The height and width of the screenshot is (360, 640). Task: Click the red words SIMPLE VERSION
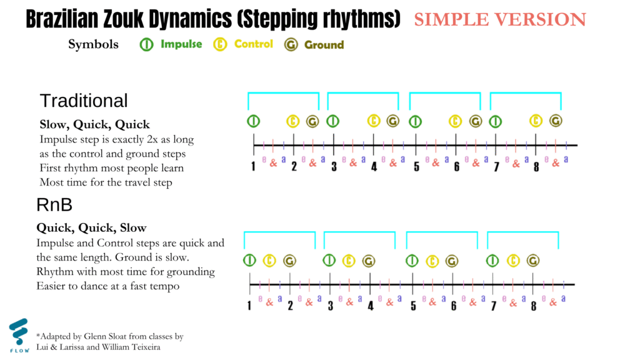pos(500,19)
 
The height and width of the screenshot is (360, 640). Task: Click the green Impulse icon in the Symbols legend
pos(146,44)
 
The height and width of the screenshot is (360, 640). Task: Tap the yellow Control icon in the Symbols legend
pos(220,44)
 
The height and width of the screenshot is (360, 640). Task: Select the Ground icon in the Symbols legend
pos(291,44)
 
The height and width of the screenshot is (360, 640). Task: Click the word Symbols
pos(93,44)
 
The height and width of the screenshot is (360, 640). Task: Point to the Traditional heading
pos(84,101)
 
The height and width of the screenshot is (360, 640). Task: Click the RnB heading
pos(54,204)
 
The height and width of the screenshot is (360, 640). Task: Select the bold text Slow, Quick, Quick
pos(95,124)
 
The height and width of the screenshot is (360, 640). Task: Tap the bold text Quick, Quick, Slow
pos(91,227)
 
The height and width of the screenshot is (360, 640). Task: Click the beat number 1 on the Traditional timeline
pos(253,166)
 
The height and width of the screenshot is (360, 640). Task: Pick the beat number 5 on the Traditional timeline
pos(416,166)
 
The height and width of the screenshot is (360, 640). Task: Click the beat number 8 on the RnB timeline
pos(534,306)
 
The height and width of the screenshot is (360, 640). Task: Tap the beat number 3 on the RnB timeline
pos(330,306)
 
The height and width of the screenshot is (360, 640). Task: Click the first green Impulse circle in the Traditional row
pos(254,121)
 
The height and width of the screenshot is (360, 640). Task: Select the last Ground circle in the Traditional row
pos(556,121)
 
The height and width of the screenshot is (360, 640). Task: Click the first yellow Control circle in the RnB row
pos(269,261)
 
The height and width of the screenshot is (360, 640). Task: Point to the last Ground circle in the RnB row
pos(533,261)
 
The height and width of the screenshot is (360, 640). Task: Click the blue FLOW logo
pos(19,336)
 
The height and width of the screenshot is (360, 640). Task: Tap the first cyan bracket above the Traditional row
pos(283,94)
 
